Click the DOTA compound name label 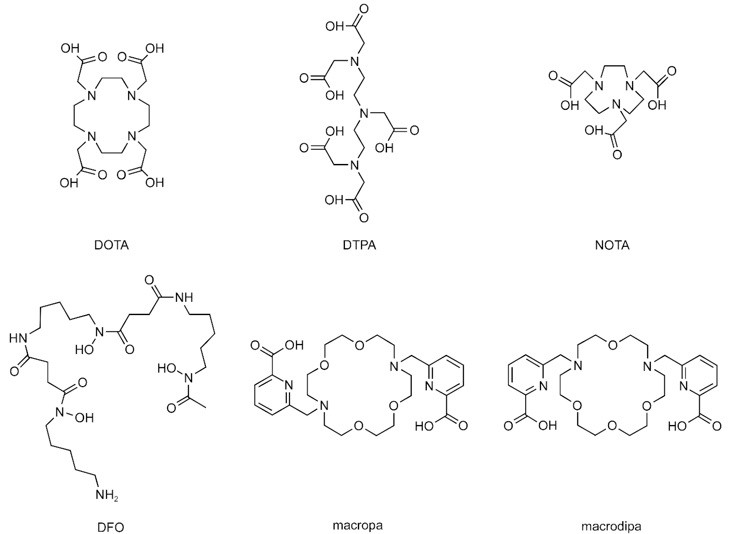[112, 245]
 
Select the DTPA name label [360, 245]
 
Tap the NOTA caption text [612, 245]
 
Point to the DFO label [111, 527]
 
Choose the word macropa [358, 525]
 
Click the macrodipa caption [611, 527]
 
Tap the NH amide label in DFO [184, 297]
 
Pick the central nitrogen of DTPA [364, 114]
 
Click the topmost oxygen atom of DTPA [363, 9]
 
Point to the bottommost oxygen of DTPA [363, 218]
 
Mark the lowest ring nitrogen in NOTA [616, 105]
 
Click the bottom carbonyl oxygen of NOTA [617, 154]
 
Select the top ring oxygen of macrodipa [613, 345]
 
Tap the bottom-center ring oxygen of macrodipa [612, 426]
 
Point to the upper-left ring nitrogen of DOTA [92, 96]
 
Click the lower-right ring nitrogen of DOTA [132, 136]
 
